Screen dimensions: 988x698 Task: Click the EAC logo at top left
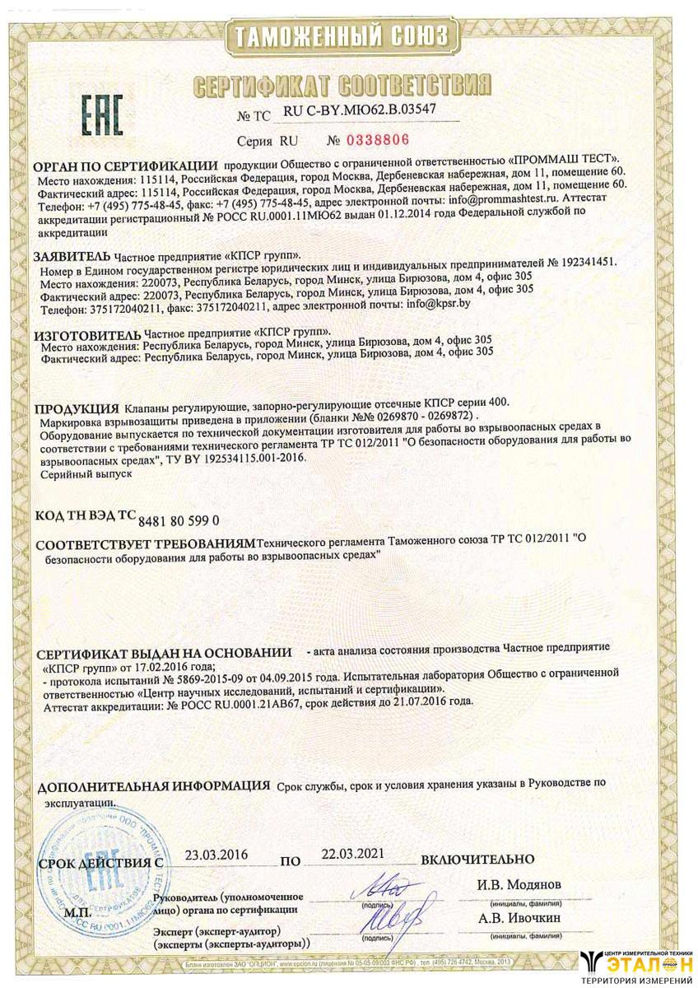coord(102,114)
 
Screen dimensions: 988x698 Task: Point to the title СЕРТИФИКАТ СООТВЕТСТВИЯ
coord(340,84)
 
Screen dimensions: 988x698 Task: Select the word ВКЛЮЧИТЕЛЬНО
coord(477,860)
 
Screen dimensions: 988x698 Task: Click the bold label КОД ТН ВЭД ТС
coord(85,517)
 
